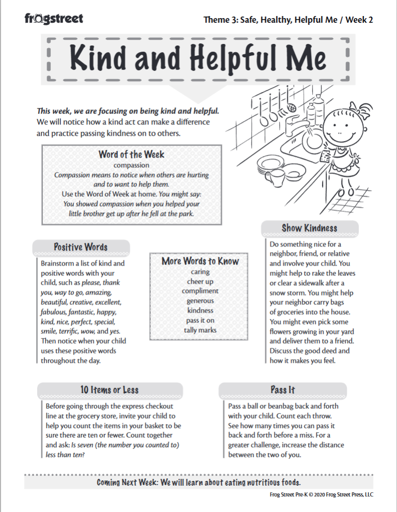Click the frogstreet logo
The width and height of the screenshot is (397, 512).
click(x=54, y=19)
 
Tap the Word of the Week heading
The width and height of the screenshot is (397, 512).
click(x=131, y=154)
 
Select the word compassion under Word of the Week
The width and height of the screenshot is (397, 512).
click(x=131, y=165)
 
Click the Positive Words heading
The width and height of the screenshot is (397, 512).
click(x=81, y=247)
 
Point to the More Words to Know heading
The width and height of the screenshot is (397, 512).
click(x=200, y=261)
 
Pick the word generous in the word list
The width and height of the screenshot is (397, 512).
click(x=200, y=301)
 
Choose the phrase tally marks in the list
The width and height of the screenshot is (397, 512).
click(x=200, y=330)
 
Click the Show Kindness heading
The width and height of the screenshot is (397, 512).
click(x=309, y=228)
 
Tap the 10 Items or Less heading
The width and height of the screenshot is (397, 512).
click(x=110, y=390)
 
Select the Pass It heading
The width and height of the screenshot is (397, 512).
click(x=283, y=390)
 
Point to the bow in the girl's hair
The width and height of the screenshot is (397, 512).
click(x=365, y=109)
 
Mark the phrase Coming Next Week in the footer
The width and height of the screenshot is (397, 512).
click(x=127, y=482)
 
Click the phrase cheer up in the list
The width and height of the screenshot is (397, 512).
click(x=200, y=282)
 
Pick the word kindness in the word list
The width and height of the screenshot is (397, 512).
click(x=200, y=311)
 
